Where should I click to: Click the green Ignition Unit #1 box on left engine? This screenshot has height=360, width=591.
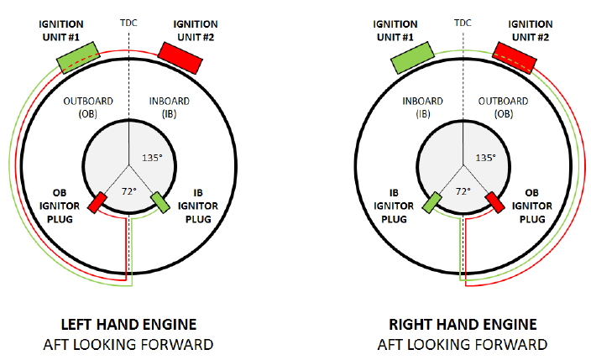(78, 56)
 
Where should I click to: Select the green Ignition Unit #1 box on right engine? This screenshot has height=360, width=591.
(413, 56)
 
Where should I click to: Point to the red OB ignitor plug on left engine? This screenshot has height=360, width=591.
(97, 202)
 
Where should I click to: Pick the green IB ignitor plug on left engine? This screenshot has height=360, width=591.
(160, 202)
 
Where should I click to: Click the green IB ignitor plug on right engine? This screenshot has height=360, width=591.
(433, 202)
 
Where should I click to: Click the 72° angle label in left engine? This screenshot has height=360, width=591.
(128, 191)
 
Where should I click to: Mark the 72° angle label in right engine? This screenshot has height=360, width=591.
(463, 191)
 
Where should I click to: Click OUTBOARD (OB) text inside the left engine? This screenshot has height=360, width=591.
(87, 107)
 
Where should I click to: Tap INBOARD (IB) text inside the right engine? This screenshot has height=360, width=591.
(422, 107)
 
